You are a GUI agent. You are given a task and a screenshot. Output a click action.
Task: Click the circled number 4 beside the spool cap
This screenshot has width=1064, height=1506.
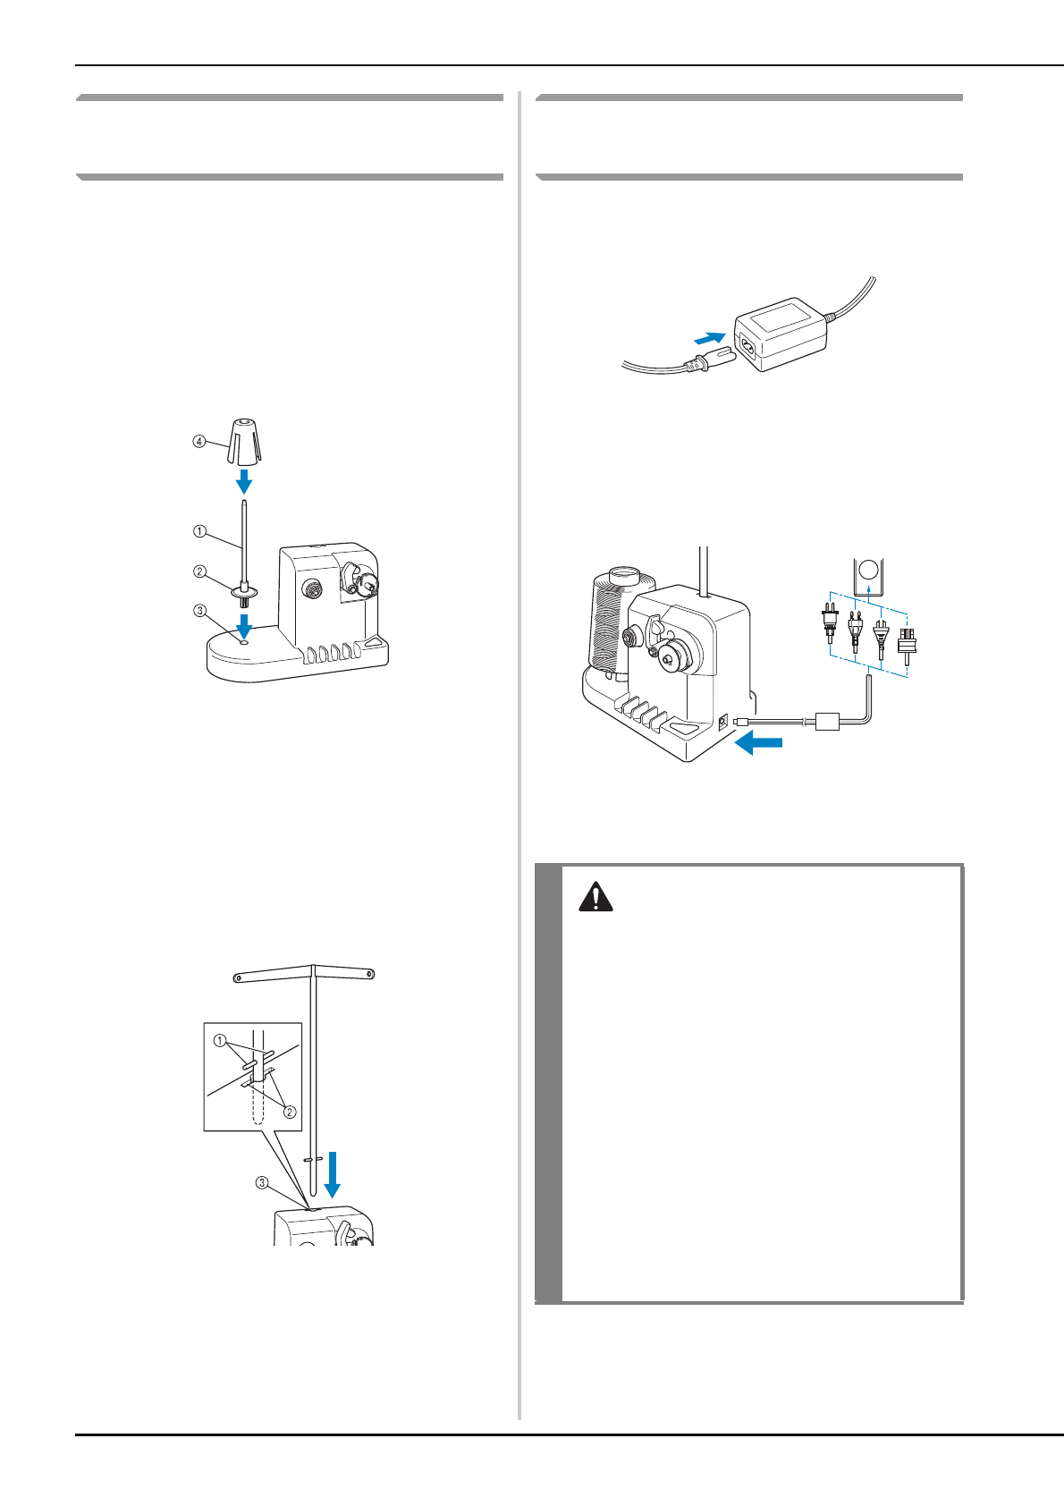pos(199,442)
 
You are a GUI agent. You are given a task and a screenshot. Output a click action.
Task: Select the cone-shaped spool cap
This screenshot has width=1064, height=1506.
pos(244,441)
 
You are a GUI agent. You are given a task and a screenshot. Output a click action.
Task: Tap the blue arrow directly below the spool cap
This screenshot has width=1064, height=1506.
pos(244,481)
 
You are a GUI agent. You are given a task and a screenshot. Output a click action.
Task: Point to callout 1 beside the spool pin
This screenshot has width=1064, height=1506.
pos(199,531)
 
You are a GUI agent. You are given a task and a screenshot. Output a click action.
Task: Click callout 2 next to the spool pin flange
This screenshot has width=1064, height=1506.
pos(199,571)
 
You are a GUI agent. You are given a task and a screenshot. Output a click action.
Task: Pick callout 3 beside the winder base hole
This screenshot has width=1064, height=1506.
pos(199,611)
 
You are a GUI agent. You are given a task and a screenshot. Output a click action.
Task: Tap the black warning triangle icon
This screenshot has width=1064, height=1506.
pos(595,898)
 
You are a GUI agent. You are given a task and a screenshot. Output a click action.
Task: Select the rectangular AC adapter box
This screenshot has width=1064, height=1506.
pos(780,334)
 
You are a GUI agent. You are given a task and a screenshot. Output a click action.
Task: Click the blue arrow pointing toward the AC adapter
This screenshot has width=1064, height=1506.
pos(709,337)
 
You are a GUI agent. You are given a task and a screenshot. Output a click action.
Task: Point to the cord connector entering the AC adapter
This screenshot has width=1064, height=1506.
pos(712,359)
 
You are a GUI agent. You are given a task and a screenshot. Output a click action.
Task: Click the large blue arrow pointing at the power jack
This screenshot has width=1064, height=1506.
pos(759,743)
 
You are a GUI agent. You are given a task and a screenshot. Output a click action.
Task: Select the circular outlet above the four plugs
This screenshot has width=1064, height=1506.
pos(868,571)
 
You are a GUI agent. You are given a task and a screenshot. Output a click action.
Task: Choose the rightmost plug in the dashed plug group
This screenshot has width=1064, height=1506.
pos(907,647)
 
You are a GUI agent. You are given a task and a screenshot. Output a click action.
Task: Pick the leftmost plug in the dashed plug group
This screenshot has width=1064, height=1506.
pos(830,624)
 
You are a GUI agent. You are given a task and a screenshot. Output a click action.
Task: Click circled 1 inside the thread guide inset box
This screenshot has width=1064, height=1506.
pos(220,1041)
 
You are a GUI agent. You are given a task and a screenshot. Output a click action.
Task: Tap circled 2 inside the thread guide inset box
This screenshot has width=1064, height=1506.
pos(290,1112)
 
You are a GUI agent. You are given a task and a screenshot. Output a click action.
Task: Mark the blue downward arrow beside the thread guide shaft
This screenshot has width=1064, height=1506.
pos(333,1174)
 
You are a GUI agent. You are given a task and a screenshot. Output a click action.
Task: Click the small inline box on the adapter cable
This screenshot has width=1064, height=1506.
pos(827,722)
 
